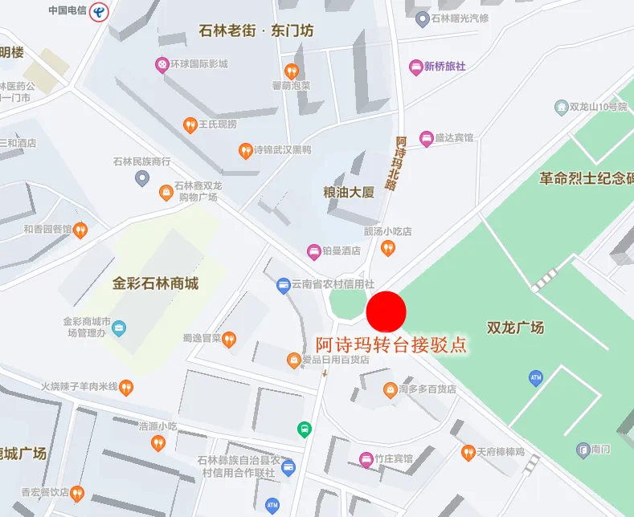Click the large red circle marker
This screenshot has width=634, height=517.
tap(387, 311)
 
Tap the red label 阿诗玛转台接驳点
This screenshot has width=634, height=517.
tap(391, 345)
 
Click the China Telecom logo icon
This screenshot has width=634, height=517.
tap(99, 11)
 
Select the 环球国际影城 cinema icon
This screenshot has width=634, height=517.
tap(162, 63)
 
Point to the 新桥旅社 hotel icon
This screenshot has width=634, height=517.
tap(415, 67)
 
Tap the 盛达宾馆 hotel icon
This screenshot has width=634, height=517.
tap(426, 138)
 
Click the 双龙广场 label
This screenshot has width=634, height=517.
tap(515, 328)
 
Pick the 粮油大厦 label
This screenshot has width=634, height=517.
tap(349, 193)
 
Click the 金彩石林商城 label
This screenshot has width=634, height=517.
tap(155, 283)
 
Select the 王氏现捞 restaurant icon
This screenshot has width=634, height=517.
tap(190, 124)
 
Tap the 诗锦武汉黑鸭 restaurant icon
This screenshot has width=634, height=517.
tap(245, 150)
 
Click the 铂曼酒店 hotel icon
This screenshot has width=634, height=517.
tap(314, 251)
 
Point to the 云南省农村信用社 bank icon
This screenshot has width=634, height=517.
tap(283, 284)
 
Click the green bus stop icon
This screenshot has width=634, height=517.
tap(305, 429)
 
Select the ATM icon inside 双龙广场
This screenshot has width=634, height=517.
tap(536, 377)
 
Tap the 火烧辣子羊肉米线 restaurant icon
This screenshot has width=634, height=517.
tap(126, 388)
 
